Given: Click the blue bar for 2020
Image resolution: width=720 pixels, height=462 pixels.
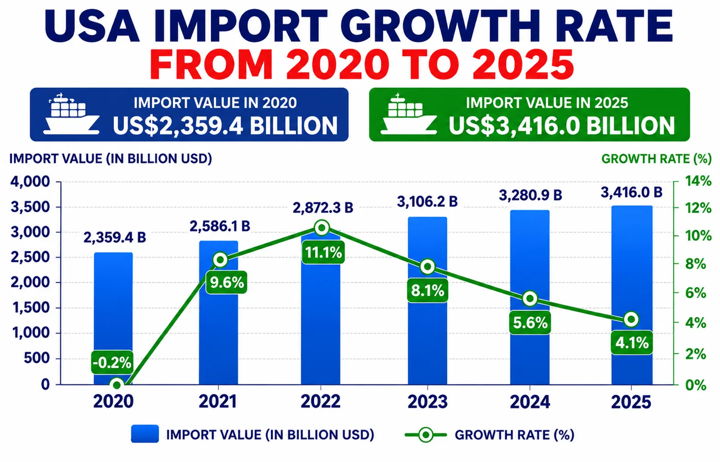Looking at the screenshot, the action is pyautogui.click(x=113, y=318).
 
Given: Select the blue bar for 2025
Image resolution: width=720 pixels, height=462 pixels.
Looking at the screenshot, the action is pyautogui.click(x=632, y=295).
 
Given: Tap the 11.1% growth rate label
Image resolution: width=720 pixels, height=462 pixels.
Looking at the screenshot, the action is pyautogui.click(x=323, y=252).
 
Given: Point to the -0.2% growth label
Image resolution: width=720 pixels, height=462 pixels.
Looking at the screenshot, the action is pyautogui.click(x=112, y=362).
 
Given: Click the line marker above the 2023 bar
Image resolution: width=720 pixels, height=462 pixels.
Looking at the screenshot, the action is pyautogui.click(x=427, y=267).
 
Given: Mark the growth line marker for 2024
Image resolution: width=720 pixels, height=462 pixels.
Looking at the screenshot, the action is pyautogui.click(x=530, y=299).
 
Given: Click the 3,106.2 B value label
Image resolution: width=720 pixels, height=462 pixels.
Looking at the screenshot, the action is pyautogui.click(x=427, y=202).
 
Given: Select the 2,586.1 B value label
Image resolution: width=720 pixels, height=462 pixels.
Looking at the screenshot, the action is pyautogui.click(x=220, y=226).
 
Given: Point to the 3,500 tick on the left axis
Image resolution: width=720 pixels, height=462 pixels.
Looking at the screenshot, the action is pyautogui.click(x=30, y=207).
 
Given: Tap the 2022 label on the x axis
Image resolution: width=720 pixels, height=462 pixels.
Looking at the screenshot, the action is pyautogui.click(x=321, y=402).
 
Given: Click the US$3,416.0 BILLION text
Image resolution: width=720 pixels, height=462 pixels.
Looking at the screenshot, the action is pyautogui.click(x=562, y=125).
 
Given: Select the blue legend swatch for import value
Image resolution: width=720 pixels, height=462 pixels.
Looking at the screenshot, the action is pyautogui.click(x=144, y=433).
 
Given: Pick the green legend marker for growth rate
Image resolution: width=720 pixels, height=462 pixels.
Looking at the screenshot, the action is pyautogui.click(x=426, y=435).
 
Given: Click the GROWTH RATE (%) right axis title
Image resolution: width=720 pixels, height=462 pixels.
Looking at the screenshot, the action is pyautogui.click(x=657, y=159).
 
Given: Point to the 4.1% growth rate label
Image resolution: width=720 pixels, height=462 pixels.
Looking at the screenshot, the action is pyautogui.click(x=632, y=343).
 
